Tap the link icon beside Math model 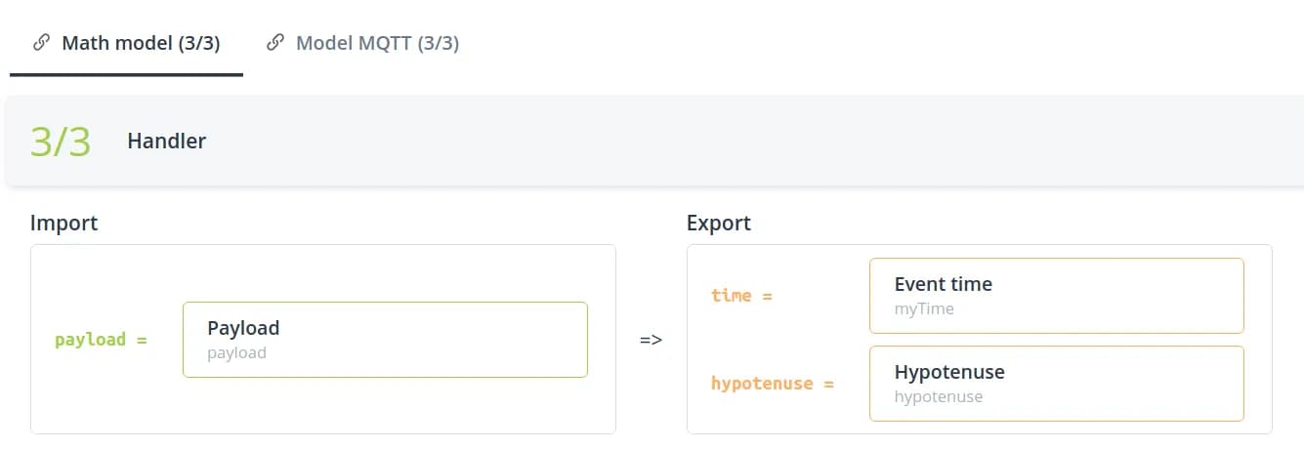[x=41, y=43]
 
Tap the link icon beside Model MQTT [x=275, y=43]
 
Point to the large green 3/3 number [x=61, y=142]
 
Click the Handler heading [x=166, y=142]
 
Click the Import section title [x=63, y=223]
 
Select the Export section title [x=719, y=223]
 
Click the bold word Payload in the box [x=243, y=328]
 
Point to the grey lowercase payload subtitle [x=236, y=352]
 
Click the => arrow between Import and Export [x=652, y=340]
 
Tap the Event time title [x=943, y=284]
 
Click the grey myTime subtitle [x=924, y=308]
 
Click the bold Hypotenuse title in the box [x=949, y=372]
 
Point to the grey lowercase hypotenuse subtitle [x=939, y=396]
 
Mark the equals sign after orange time [x=767, y=295]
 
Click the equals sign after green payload [x=142, y=340]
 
